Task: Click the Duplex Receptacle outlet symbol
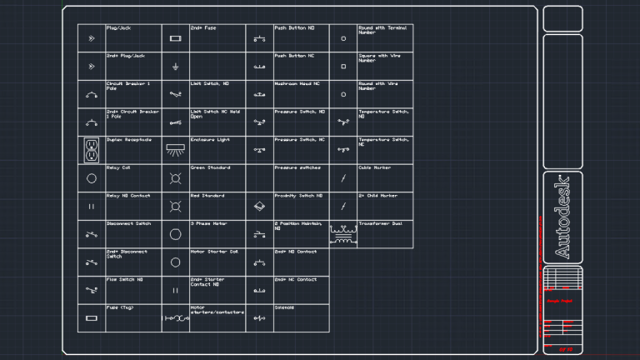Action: [92, 150]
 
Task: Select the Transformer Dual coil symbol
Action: [342, 234]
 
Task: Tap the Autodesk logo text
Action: [562, 217]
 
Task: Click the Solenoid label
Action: [284, 307]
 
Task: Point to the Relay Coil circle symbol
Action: [92, 178]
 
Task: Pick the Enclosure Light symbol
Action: [175, 149]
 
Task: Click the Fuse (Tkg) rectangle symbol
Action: [92, 318]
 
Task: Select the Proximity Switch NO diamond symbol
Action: [259, 206]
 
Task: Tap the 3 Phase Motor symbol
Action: [175, 234]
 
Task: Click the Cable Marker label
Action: [374, 167]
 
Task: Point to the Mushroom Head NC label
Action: [297, 83]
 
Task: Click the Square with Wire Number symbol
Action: [342, 65]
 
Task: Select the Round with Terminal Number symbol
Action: [342, 38]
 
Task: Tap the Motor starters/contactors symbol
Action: [175, 318]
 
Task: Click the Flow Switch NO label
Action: [124, 279]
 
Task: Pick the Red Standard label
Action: [207, 195]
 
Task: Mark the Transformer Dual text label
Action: [380, 223]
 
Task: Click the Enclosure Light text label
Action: [209, 139]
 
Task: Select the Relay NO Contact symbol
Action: [92, 206]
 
